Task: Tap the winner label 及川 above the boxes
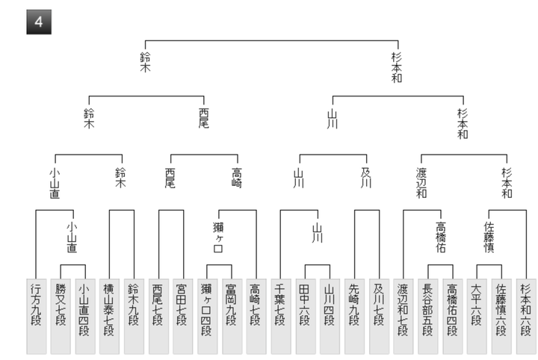tap(365, 177)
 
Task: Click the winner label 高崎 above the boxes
tap(237, 177)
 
